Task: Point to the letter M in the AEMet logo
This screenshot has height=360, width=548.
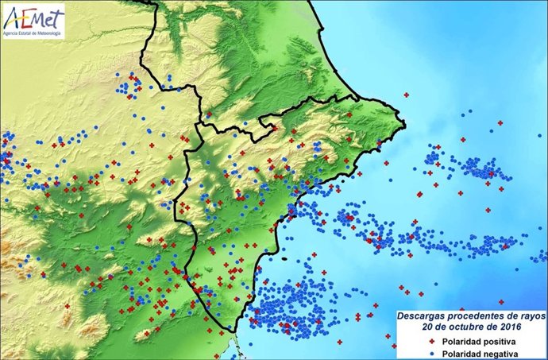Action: pyautogui.click(x=39, y=17)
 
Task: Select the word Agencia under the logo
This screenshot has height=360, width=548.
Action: pyautogui.click(x=12, y=33)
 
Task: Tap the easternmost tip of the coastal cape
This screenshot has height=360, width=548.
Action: pyautogui.click(x=404, y=122)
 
